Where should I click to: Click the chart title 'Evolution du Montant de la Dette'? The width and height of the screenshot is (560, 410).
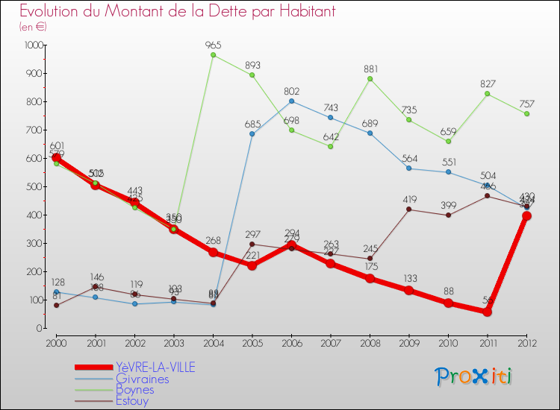click(177, 11)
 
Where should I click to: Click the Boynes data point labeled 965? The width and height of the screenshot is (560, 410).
click(213, 55)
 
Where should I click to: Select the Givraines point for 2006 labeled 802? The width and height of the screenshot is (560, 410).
click(291, 101)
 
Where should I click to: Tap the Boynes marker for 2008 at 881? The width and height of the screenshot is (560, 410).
click(370, 79)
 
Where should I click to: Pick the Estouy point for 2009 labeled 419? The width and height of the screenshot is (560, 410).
click(409, 209)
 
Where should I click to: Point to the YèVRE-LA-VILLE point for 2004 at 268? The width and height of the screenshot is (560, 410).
click(213, 252)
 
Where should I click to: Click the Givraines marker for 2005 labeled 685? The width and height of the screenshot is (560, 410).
click(252, 134)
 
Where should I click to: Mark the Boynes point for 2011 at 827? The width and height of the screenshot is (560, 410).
click(488, 94)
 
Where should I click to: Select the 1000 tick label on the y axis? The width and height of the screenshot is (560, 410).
click(33, 45)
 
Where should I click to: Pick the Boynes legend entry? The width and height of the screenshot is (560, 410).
click(135, 389)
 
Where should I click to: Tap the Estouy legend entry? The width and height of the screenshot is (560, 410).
click(132, 400)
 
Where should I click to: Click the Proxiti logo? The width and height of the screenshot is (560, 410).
click(474, 376)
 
